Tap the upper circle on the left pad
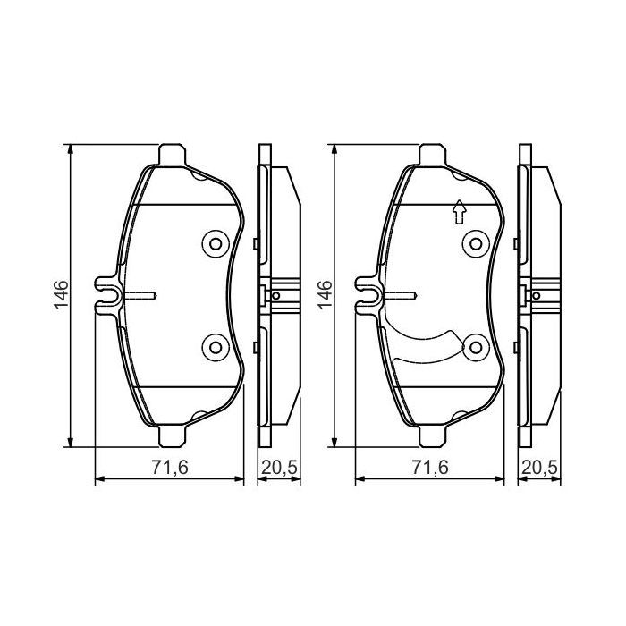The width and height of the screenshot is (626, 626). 215,242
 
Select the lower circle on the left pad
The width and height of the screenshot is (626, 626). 215,346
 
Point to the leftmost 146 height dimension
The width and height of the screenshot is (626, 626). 60,294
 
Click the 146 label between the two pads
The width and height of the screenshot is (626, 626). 324,294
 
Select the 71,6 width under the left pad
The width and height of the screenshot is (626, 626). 169,467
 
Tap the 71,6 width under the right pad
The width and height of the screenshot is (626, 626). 430,467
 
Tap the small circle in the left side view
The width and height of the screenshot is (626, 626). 276,295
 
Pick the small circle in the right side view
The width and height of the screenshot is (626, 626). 537,295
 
